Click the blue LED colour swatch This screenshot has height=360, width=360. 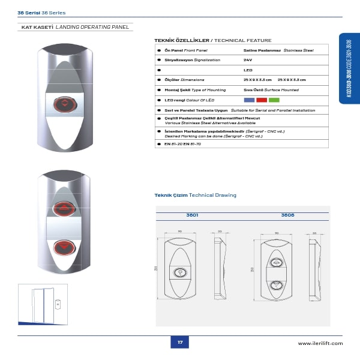[250, 100]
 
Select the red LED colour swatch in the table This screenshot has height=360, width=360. [262, 100]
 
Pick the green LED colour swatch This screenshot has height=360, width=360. [274, 100]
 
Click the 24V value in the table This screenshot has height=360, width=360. [248, 60]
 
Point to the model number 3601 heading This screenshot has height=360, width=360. [192, 214]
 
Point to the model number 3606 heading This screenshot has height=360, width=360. [287, 214]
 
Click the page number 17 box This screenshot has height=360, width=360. [179, 343]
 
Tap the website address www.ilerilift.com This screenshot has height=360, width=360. [320, 343]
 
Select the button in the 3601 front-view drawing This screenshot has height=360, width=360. [179, 272]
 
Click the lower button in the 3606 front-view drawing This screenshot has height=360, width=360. [276, 286]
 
